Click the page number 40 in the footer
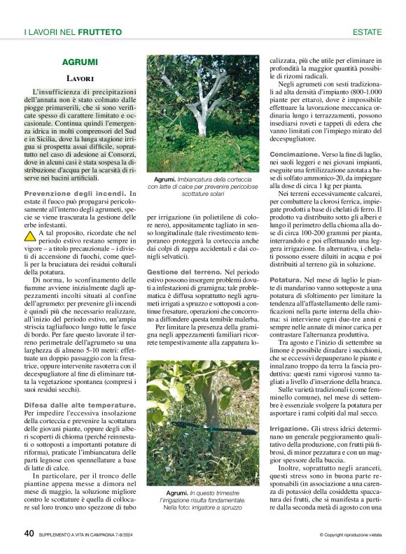coord(29,533)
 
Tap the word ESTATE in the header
coord(367,32)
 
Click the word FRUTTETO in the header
coord(100,32)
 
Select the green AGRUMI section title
coord(79,62)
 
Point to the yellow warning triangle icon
coord(29,218)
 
